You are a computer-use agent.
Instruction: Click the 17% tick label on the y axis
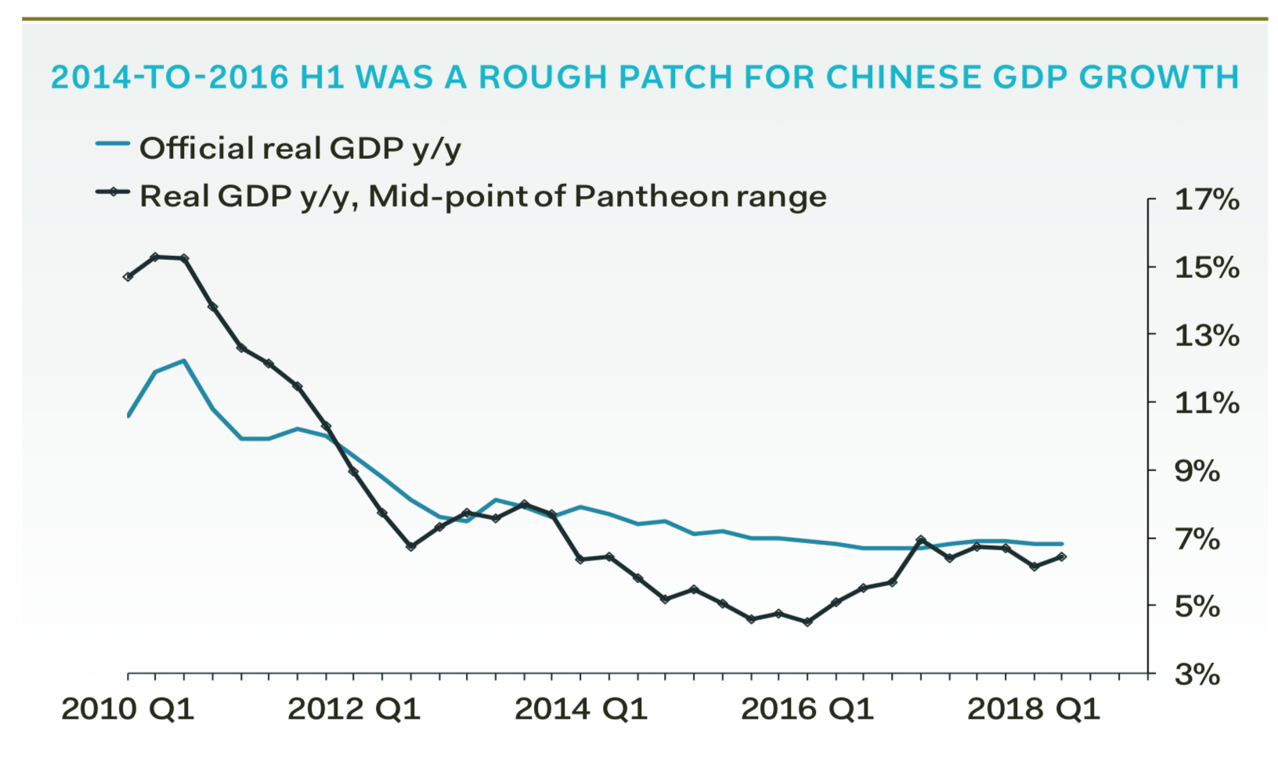click(1206, 200)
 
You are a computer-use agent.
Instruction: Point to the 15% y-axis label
click(1206, 268)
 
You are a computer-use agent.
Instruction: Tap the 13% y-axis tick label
click(1206, 336)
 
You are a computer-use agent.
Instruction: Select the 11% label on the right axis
click(1206, 403)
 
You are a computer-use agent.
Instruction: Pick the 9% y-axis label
click(1197, 471)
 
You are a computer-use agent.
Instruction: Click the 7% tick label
click(1197, 539)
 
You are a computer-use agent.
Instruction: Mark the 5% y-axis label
click(1197, 606)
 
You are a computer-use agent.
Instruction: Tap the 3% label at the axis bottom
click(1197, 674)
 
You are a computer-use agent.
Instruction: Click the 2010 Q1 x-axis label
click(128, 708)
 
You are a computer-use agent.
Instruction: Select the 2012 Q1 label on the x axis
click(354, 708)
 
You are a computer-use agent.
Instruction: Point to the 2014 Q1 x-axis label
click(581, 708)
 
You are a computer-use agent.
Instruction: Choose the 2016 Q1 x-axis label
click(807, 708)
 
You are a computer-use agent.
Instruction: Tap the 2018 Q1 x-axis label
click(1034, 708)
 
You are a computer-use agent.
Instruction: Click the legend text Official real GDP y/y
click(300, 148)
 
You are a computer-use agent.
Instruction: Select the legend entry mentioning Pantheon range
click(482, 196)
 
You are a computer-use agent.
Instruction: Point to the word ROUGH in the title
click(543, 77)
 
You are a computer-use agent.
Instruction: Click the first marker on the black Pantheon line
click(128, 276)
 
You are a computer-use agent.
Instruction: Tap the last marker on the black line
click(1062, 557)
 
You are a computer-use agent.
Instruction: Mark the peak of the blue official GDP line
click(183, 361)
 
